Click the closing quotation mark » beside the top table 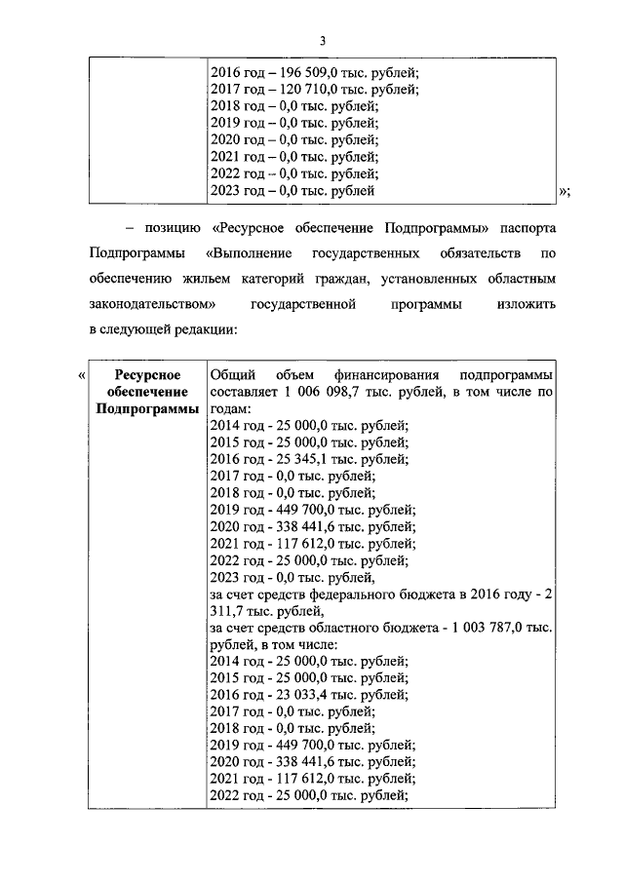(x=564, y=192)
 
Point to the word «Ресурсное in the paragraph (x=252, y=228)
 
